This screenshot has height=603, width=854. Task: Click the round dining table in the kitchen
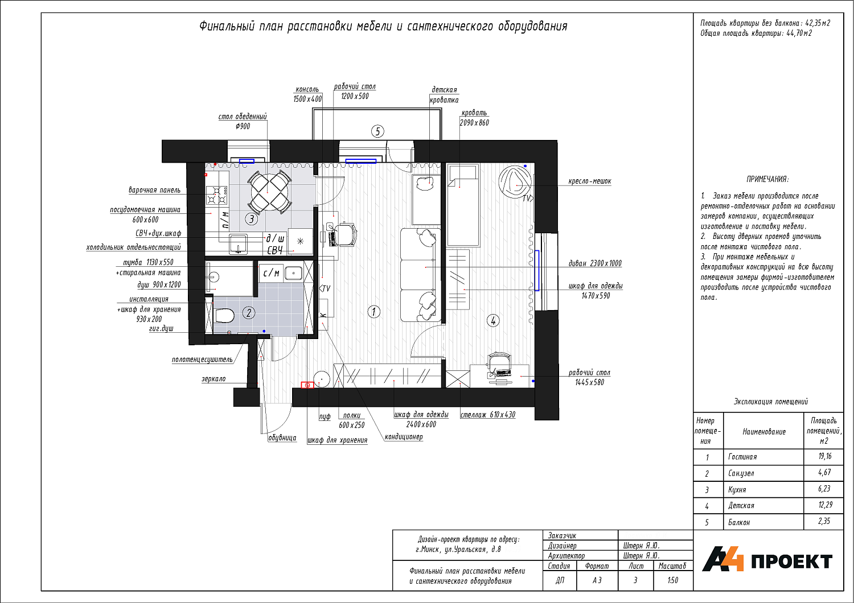pos(269,192)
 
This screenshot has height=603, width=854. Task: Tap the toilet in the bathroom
pos(224,315)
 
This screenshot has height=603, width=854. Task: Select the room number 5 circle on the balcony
pos(377,131)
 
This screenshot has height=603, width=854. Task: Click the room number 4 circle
pos(493,321)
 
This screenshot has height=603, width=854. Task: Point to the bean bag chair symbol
pos(515,181)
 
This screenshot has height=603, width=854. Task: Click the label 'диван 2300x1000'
pos(595,263)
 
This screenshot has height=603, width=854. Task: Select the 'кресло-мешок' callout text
pos(589,181)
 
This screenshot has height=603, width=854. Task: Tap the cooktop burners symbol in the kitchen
pos(217,196)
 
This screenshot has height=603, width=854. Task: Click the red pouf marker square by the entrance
pos(307,385)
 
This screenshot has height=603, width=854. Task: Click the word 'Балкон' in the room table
pos(739,522)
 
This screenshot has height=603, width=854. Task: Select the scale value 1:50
pos(673,580)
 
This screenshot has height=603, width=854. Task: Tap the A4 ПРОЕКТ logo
pos(767,560)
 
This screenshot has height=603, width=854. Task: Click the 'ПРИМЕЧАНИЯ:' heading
pos(767,179)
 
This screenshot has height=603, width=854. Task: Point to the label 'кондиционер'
pos(403,436)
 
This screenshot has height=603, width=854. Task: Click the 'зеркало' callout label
pos(213,379)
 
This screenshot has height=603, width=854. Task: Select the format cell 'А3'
pos(597,580)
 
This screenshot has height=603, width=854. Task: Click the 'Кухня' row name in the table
pos(737,489)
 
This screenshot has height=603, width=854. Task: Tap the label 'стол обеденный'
pos(243,117)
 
